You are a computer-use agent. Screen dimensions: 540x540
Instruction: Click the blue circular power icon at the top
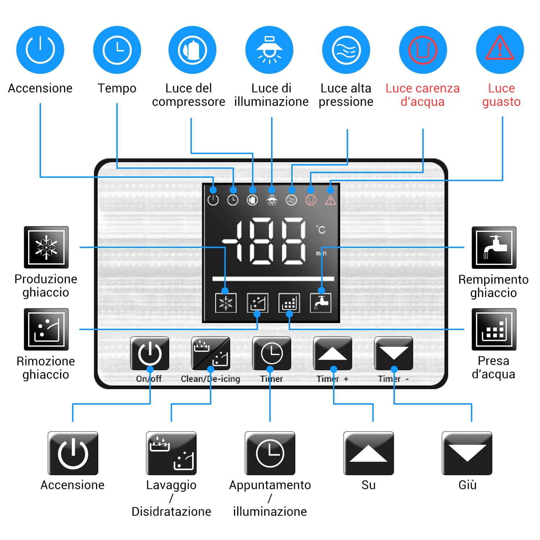click(x=40, y=50)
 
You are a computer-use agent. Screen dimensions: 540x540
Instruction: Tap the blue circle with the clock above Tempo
click(x=117, y=50)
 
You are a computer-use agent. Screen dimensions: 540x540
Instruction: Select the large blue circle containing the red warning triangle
click(x=500, y=50)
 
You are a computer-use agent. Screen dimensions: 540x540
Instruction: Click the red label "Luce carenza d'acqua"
click(x=422, y=95)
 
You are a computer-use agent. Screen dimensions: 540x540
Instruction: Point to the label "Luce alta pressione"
click(x=346, y=95)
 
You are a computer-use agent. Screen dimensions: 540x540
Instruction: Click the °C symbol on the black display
click(x=321, y=229)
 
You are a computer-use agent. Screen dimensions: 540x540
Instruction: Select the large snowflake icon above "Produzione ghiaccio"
click(x=46, y=247)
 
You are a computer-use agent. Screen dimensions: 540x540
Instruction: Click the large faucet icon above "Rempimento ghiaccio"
click(x=494, y=247)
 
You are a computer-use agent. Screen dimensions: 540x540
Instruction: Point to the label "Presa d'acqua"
click(x=493, y=368)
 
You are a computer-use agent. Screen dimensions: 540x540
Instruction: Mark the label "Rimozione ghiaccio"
click(x=46, y=368)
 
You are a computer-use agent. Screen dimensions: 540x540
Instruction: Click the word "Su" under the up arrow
click(x=369, y=485)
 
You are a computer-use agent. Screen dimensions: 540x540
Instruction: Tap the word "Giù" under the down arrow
click(x=467, y=485)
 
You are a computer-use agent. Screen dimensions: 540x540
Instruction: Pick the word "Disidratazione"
click(x=171, y=512)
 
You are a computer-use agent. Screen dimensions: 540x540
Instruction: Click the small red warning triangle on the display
click(x=330, y=200)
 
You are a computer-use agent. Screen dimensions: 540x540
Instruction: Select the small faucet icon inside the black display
click(x=321, y=303)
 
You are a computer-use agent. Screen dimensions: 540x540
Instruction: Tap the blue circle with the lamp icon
click(x=269, y=50)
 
